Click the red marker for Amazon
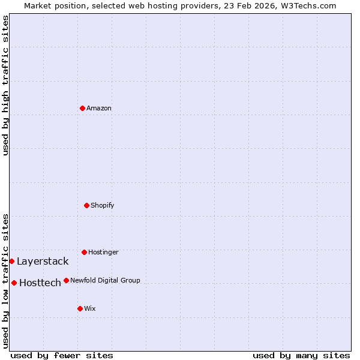[x=82, y=108]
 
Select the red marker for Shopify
[x=86, y=205]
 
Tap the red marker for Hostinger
[x=84, y=252]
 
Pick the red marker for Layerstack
[x=11, y=261]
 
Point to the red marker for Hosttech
[x=14, y=283]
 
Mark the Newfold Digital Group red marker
[x=66, y=280]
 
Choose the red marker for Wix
[x=80, y=308]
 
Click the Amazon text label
[x=99, y=108]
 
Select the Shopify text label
[x=103, y=205]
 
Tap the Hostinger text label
[x=103, y=252]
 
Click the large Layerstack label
[x=43, y=262]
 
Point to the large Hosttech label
[x=40, y=283]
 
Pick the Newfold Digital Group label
[x=105, y=280]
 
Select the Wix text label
[x=90, y=308]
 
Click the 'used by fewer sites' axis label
[x=62, y=356]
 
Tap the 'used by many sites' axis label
[x=301, y=356]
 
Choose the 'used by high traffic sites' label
[x=5, y=86]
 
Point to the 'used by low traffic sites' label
[x=5, y=281]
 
